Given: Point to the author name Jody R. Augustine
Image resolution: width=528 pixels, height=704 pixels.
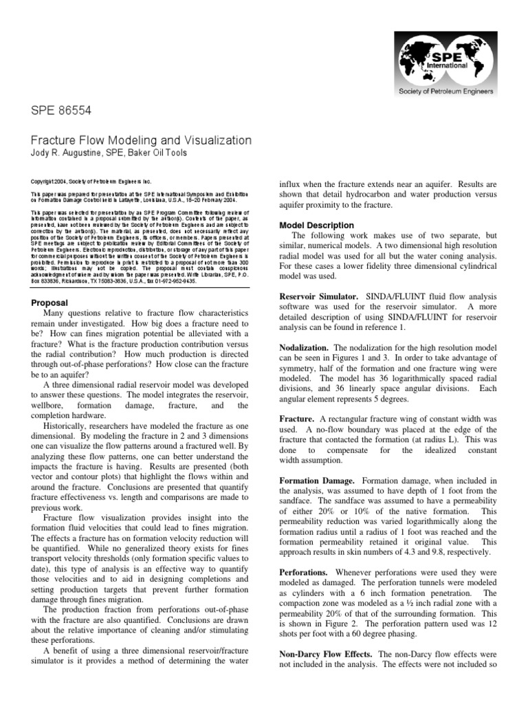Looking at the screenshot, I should [73, 153].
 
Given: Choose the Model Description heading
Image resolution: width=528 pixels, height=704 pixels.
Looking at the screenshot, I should [317, 225].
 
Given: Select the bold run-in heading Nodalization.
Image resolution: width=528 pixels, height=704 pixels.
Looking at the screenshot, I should [305, 347].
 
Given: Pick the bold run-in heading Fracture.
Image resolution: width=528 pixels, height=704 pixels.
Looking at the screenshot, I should [296, 417].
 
